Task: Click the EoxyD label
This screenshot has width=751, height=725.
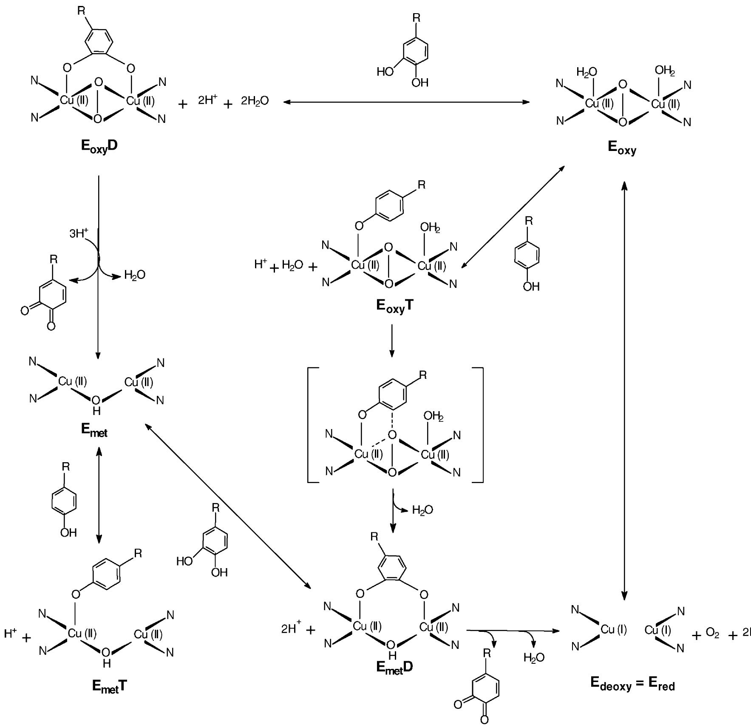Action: click(x=99, y=146)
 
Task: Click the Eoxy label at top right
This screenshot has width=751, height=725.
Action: click(x=622, y=148)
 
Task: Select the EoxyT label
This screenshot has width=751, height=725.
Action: click(x=394, y=307)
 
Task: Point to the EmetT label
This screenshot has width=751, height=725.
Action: click(x=109, y=686)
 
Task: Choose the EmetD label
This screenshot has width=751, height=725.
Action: click(x=394, y=667)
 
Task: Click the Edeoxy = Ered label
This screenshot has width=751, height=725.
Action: click(x=632, y=683)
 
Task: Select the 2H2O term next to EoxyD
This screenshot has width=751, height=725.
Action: click(x=255, y=101)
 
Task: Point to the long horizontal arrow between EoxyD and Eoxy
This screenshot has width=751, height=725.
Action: click(x=406, y=102)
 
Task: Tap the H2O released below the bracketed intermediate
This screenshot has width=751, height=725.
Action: click(x=422, y=510)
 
